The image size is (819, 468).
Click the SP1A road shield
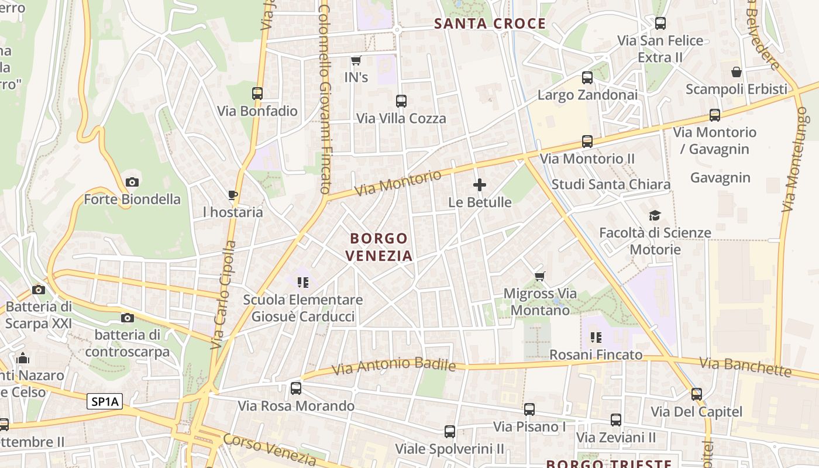(x=105, y=401)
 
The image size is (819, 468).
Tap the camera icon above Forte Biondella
(x=132, y=182)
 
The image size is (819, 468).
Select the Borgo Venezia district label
(x=378, y=247)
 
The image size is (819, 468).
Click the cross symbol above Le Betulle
(x=480, y=185)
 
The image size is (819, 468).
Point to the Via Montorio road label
(x=398, y=184)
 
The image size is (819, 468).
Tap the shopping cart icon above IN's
(x=356, y=60)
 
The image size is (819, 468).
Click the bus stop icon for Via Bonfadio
(x=257, y=94)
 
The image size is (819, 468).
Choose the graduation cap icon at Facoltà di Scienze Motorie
(x=655, y=215)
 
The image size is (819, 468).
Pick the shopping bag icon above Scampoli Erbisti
(x=737, y=72)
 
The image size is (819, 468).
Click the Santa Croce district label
(x=490, y=24)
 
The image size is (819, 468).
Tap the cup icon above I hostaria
(x=232, y=195)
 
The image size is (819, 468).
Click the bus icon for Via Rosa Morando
(x=296, y=388)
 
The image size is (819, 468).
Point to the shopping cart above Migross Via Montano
(x=539, y=276)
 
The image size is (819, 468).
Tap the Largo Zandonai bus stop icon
(x=587, y=78)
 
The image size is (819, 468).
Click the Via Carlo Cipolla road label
(x=223, y=295)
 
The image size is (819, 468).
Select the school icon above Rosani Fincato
(x=596, y=338)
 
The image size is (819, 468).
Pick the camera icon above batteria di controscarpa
(x=127, y=318)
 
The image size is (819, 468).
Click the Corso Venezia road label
(x=270, y=450)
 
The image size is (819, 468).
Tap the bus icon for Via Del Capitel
(x=696, y=394)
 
